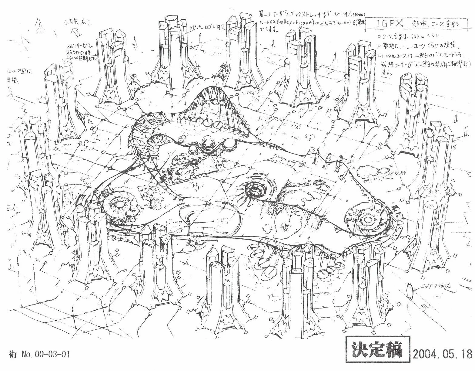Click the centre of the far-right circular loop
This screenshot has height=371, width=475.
pyautogui.click(x=368, y=219)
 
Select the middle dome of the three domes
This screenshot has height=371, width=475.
pyautogui.click(x=208, y=144)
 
